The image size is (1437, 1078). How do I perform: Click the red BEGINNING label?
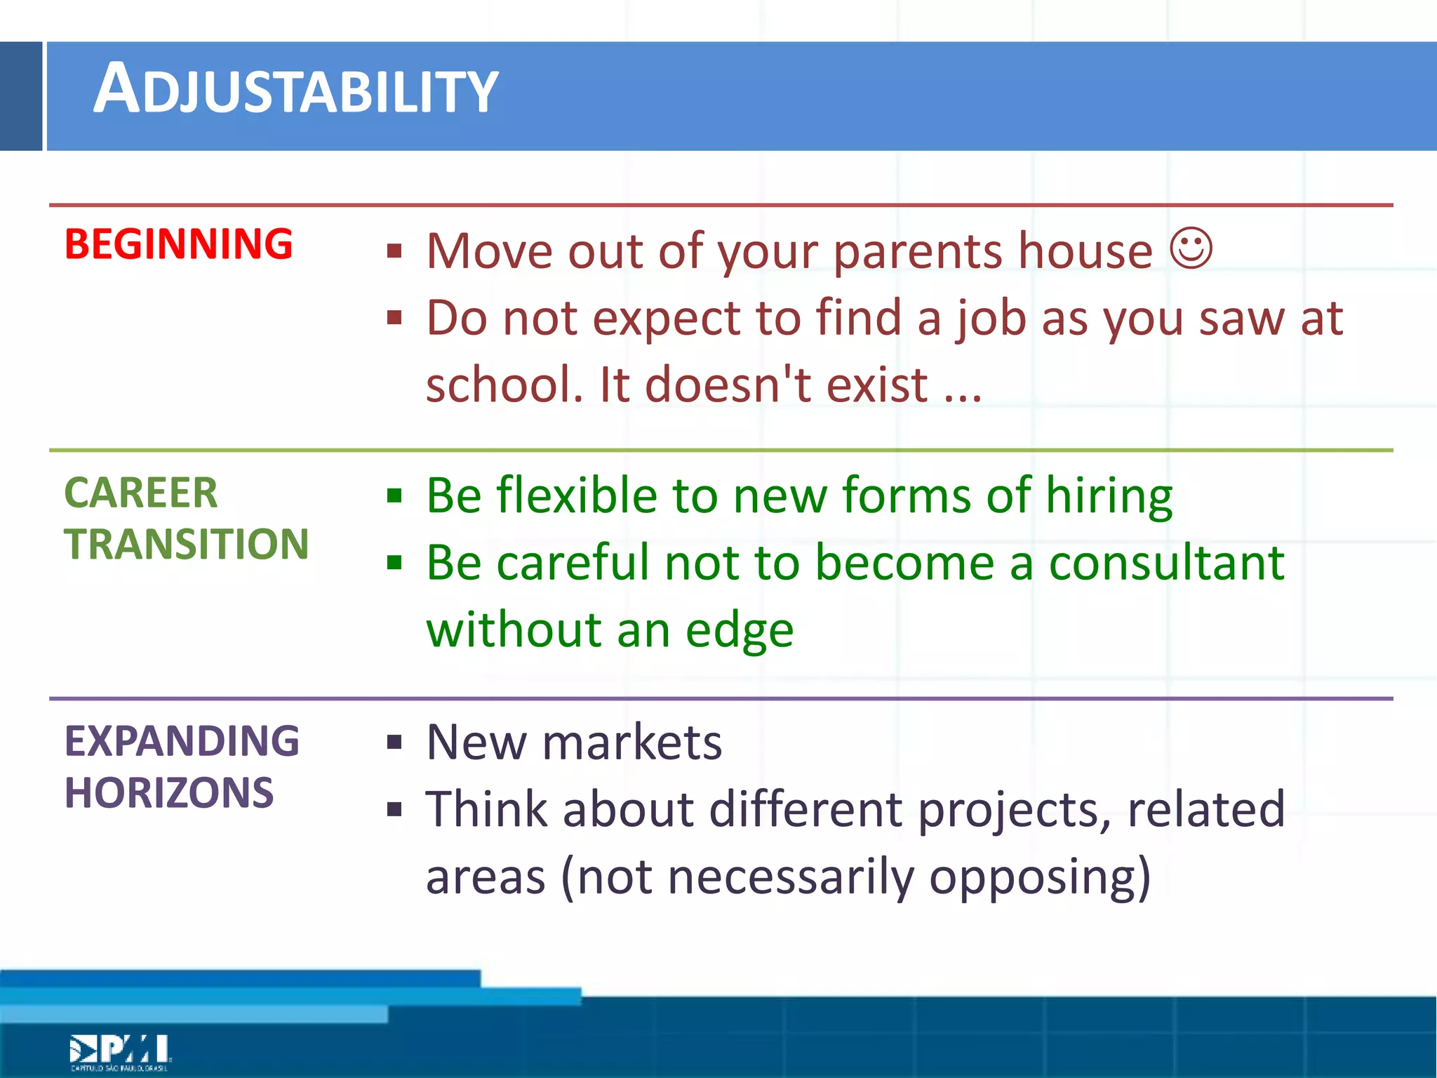[178, 244]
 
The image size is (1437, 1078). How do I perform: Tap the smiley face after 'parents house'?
[1191, 248]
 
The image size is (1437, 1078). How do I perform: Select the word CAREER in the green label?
[140, 493]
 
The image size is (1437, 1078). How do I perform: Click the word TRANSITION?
[186, 544]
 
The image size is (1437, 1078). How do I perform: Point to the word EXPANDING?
[182, 741]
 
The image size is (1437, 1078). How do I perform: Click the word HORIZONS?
[168, 793]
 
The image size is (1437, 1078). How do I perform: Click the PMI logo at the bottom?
[119, 1051]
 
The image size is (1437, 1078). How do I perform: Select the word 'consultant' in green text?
[1165, 563]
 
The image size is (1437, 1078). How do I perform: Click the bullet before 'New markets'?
[394, 743]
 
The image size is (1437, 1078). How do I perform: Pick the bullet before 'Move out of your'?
[394, 251]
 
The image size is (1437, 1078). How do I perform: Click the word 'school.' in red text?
[504, 385]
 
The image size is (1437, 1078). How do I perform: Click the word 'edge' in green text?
[739, 630]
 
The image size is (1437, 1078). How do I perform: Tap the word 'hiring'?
[1109, 495]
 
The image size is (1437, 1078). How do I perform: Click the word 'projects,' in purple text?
[1014, 810]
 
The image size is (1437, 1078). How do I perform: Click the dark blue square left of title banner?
[21, 96]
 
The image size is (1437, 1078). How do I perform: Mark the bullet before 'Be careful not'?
[394, 563]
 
